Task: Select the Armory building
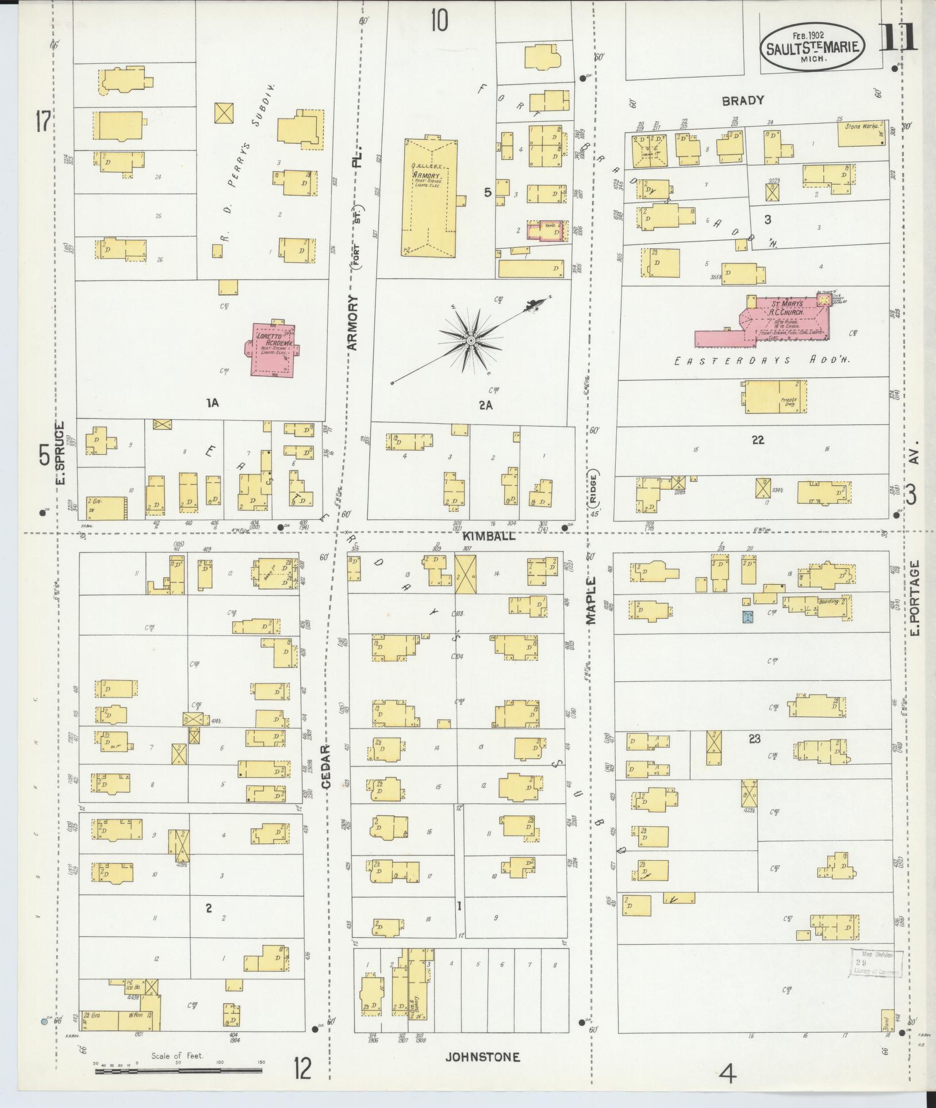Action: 428,198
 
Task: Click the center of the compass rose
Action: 470,341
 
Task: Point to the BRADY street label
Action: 743,100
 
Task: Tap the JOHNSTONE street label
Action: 483,1057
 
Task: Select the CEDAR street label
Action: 326,766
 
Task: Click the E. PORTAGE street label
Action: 915,598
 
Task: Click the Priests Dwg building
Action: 776,396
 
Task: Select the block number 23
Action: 754,739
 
